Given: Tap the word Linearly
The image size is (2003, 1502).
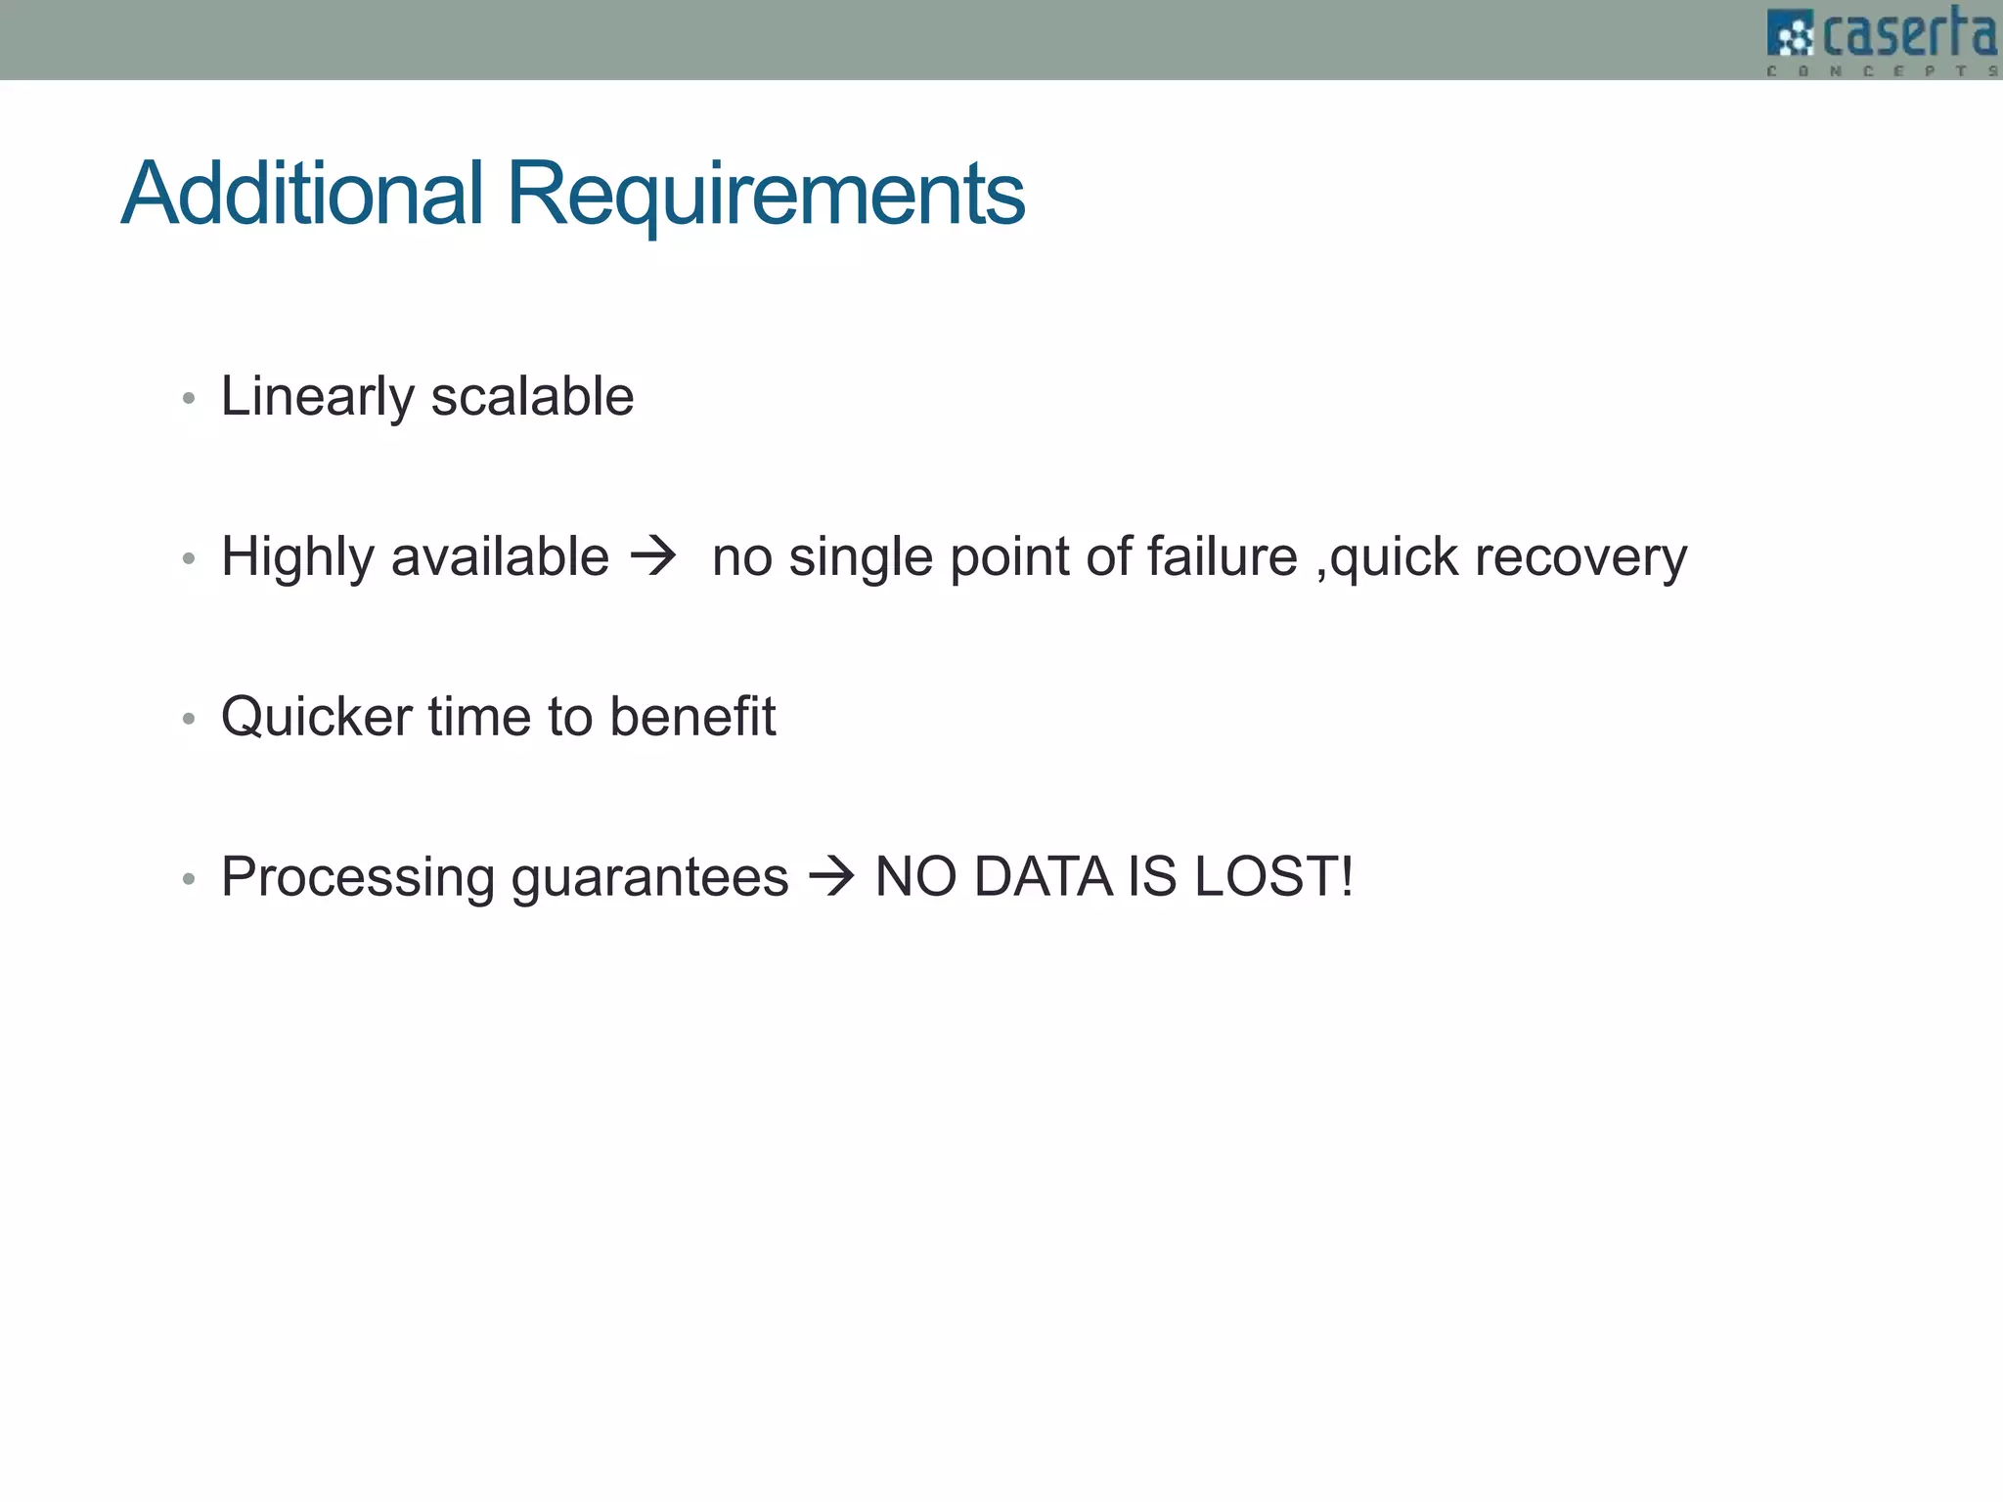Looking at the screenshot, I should (x=318, y=397).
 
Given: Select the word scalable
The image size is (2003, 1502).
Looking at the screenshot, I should (x=532, y=397).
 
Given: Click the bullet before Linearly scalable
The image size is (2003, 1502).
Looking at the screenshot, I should (x=190, y=399).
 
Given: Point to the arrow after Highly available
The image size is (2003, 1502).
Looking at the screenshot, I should (x=653, y=557).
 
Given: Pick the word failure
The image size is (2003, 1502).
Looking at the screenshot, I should (x=1222, y=557).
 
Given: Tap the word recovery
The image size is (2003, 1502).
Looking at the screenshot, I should (x=1580, y=557).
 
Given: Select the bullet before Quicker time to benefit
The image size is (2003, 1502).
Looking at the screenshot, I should (x=190, y=720).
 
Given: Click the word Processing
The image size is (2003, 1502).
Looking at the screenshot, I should (x=358, y=877).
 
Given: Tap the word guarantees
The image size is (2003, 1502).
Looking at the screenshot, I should (x=649, y=877).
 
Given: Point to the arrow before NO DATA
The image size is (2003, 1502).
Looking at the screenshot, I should (x=831, y=876).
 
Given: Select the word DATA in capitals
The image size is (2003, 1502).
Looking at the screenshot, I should (x=1043, y=876).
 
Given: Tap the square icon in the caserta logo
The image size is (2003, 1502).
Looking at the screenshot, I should (x=1791, y=36).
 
